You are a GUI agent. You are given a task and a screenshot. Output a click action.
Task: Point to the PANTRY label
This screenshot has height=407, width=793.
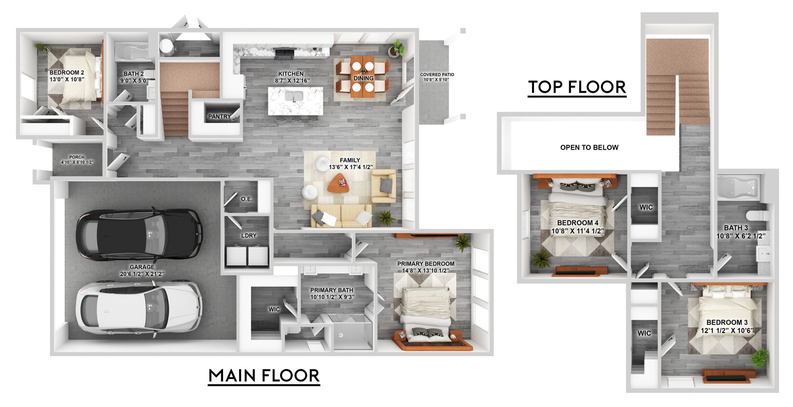click(x=219, y=117)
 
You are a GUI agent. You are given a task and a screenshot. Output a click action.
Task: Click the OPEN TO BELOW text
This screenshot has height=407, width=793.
click(x=589, y=147)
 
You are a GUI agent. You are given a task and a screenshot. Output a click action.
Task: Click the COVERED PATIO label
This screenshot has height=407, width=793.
click(x=437, y=74)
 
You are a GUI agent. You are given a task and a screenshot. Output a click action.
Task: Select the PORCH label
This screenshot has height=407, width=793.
click(x=77, y=157)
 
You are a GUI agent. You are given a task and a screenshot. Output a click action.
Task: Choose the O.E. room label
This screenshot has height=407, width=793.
click(x=247, y=199)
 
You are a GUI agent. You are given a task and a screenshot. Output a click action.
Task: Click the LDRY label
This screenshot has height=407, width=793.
click(x=249, y=236)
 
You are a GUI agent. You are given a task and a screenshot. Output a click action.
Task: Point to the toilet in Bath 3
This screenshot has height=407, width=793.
click(x=756, y=215)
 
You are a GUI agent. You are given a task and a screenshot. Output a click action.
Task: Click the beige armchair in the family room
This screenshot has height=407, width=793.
click(x=383, y=186)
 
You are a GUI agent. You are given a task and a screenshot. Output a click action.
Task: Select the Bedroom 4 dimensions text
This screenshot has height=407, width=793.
click(x=578, y=231)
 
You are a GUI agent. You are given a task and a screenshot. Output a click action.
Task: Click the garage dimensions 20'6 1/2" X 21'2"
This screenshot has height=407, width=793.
click(x=142, y=274)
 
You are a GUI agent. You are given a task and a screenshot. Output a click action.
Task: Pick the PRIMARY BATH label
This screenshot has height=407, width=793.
click(x=332, y=290)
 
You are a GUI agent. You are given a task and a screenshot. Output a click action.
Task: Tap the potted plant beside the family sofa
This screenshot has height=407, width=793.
click(x=386, y=218)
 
